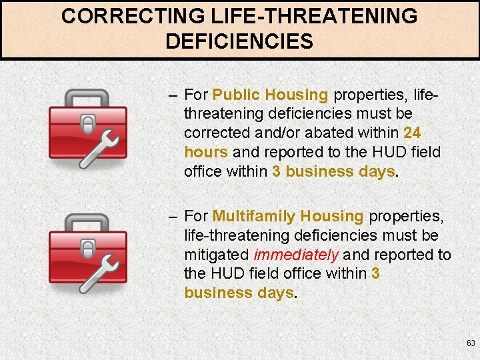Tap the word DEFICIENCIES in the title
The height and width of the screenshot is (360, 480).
coord(239,42)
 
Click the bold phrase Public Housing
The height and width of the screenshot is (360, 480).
coord(271,95)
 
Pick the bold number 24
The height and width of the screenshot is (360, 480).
coord(412,133)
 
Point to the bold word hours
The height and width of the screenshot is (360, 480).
coord(206,152)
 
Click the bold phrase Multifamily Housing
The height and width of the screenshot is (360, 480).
coord(288,216)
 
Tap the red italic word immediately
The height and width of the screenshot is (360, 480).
coord(297,255)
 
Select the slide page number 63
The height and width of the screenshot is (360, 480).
coord(471,343)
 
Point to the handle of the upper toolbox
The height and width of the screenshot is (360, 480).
coord(87,97)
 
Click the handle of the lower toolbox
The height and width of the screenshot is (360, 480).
coord(87,222)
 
